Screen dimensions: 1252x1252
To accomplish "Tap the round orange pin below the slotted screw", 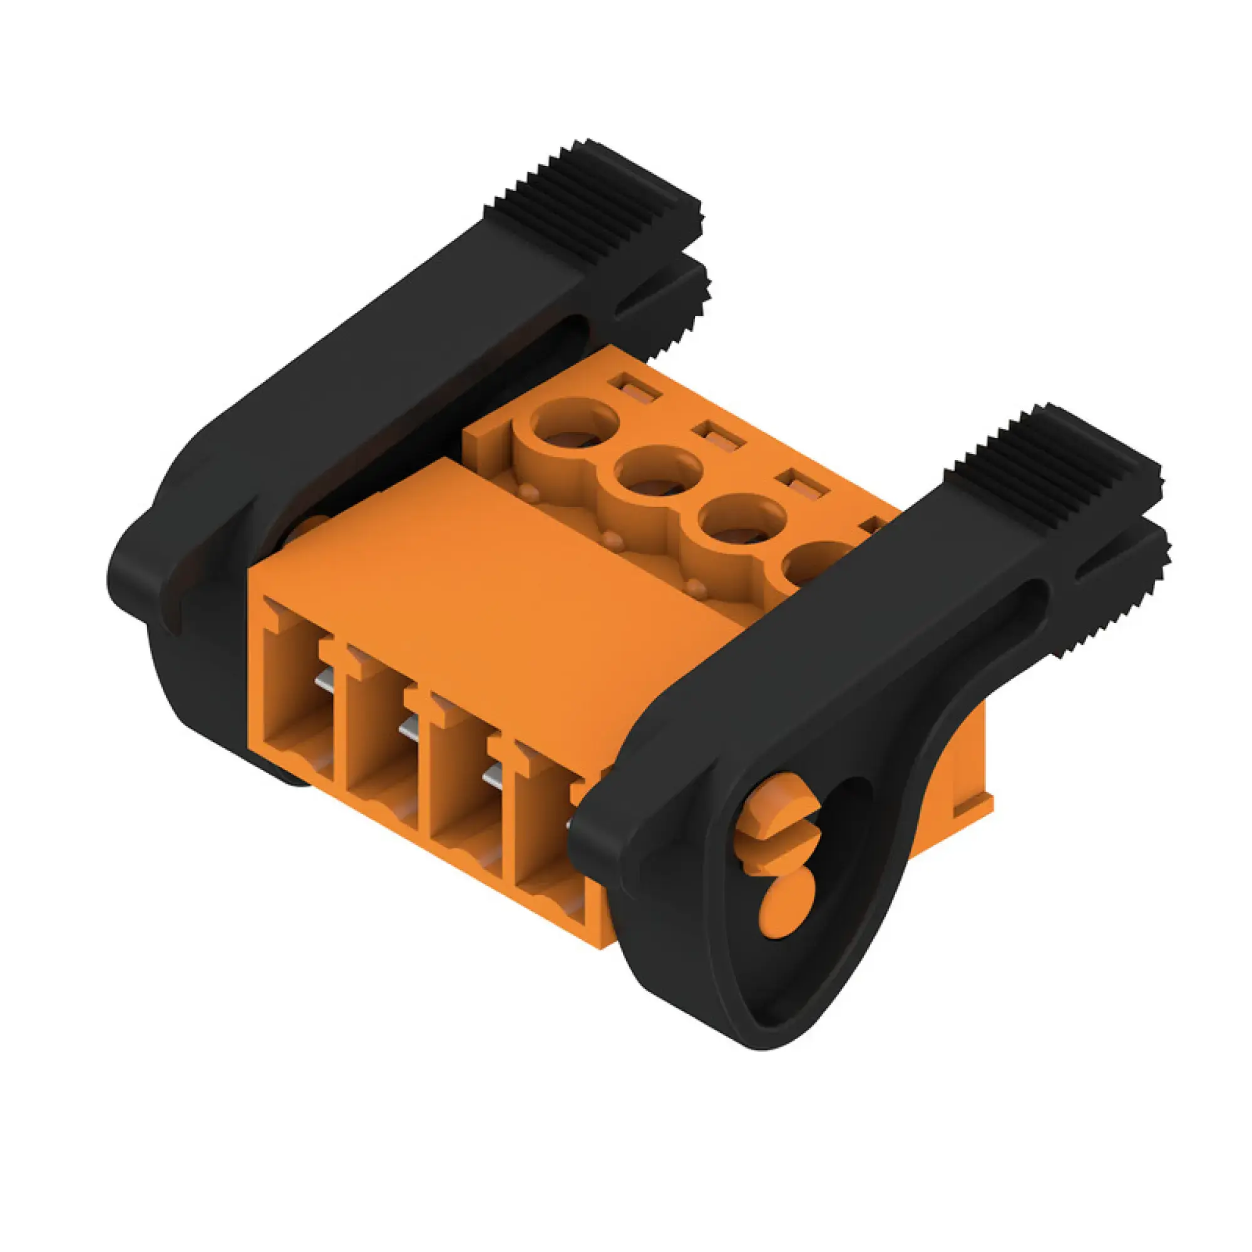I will [x=786, y=908].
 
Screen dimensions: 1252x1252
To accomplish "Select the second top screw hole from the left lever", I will [x=658, y=473].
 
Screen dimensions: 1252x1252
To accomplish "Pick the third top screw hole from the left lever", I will [x=741, y=522].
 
